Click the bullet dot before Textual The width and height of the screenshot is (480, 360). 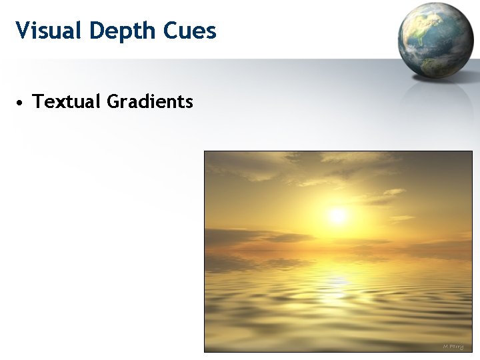[x=21, y=103]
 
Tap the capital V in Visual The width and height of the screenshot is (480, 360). [x=22, y=30]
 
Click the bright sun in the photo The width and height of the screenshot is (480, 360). [x=338, y=215]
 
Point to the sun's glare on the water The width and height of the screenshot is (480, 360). [x=338, y=283]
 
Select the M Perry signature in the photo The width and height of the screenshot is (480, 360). [x=453, y=346]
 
